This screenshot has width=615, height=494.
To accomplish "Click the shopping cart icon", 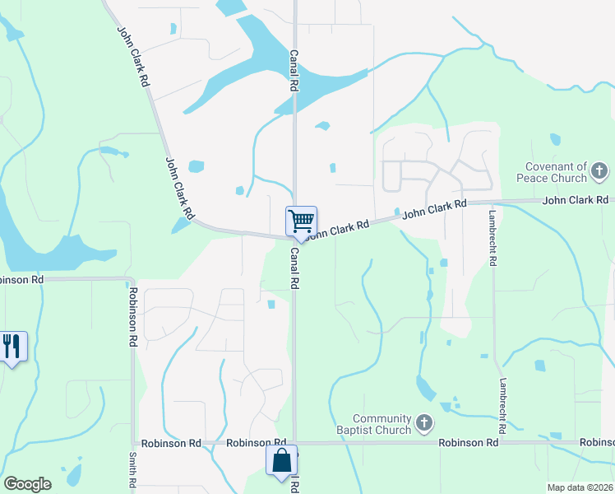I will click(301, 221).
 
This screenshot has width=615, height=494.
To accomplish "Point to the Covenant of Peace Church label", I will click(557, 172).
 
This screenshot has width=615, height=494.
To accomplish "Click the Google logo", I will click(27, 484).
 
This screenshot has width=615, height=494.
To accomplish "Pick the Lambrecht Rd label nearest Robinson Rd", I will click(501, 407).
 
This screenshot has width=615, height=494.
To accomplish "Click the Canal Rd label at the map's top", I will click(293, 69).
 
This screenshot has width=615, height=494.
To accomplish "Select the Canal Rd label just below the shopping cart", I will click(294, 269).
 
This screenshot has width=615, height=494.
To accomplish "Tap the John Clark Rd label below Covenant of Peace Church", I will click(576, 200).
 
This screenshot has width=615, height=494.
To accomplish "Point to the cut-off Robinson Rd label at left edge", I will click(21, 280).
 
